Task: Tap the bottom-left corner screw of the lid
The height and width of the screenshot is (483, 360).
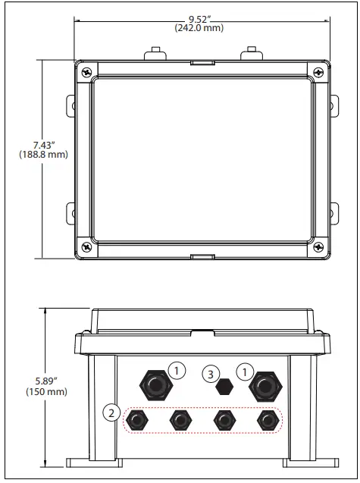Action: pos(88,246)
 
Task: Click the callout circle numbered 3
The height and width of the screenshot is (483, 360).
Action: pos(212,373)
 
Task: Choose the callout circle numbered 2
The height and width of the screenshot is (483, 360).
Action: pos(111,412)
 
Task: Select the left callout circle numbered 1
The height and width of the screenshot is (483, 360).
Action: pos(177,371)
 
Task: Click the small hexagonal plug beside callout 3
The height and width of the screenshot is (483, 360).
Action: pos(223,387)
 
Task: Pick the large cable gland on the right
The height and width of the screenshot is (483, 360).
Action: pos(265,386)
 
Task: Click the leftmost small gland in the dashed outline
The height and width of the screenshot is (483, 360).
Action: pos(137,419)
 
